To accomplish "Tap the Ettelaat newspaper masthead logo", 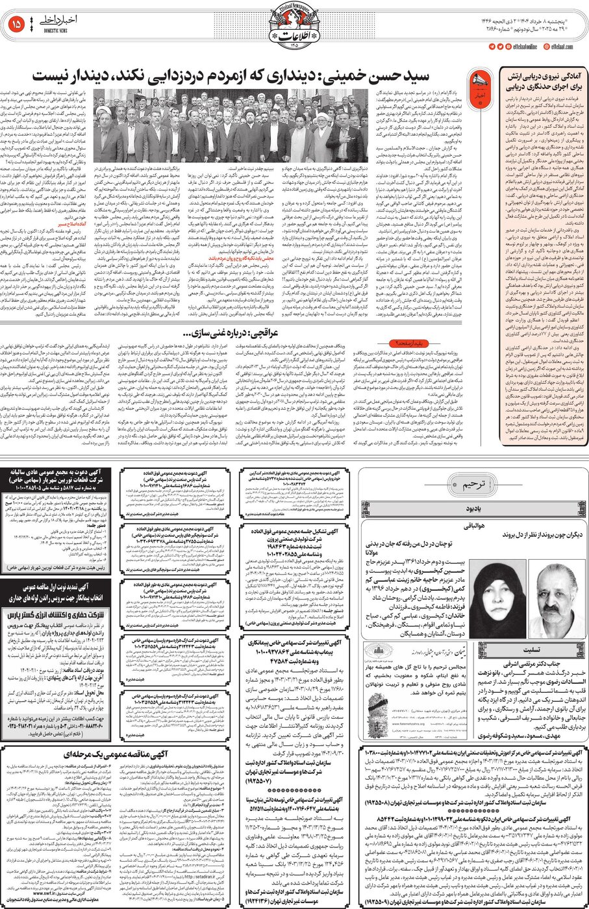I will (x=294, y=26).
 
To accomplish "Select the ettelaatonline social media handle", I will (x=520, y=47).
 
